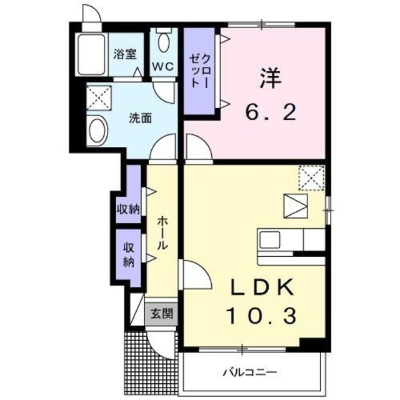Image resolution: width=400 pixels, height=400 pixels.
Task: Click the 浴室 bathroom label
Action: pos(124,54)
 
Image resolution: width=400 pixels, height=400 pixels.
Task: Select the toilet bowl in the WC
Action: pos(164,42)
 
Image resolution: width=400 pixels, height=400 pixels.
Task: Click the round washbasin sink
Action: pos(97,131)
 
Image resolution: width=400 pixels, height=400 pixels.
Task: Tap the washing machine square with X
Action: pos(97,96)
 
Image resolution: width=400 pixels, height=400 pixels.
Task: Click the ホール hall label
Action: pos(162,233)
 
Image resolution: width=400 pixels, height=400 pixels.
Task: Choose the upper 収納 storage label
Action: pos(127,209)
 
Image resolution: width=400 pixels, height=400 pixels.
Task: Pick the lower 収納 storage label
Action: pos(128,254)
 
